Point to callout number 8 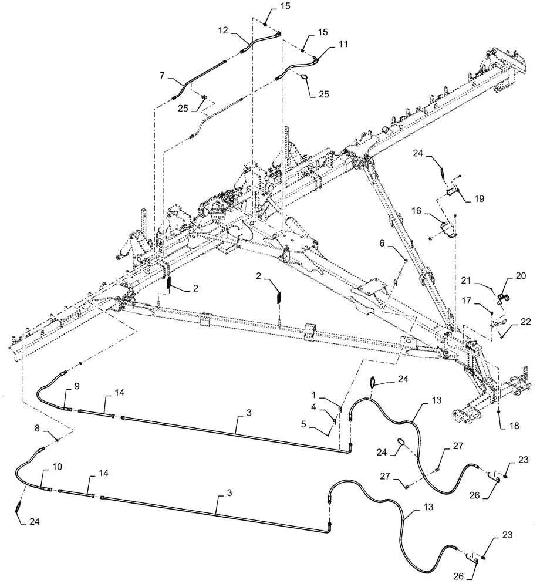point(39,429)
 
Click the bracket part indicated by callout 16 point(450,230)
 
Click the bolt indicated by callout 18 point(498,410)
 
